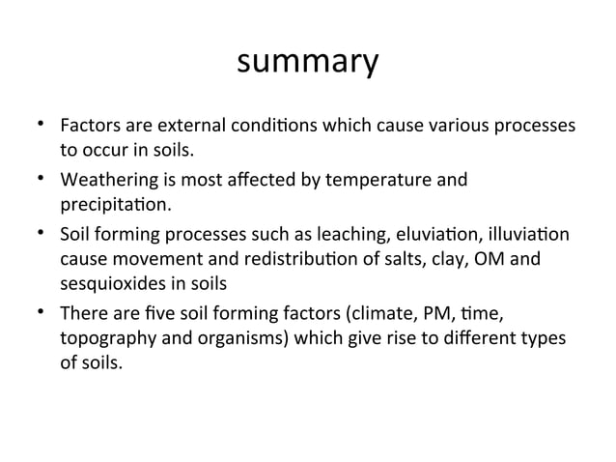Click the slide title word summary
[307, 63]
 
